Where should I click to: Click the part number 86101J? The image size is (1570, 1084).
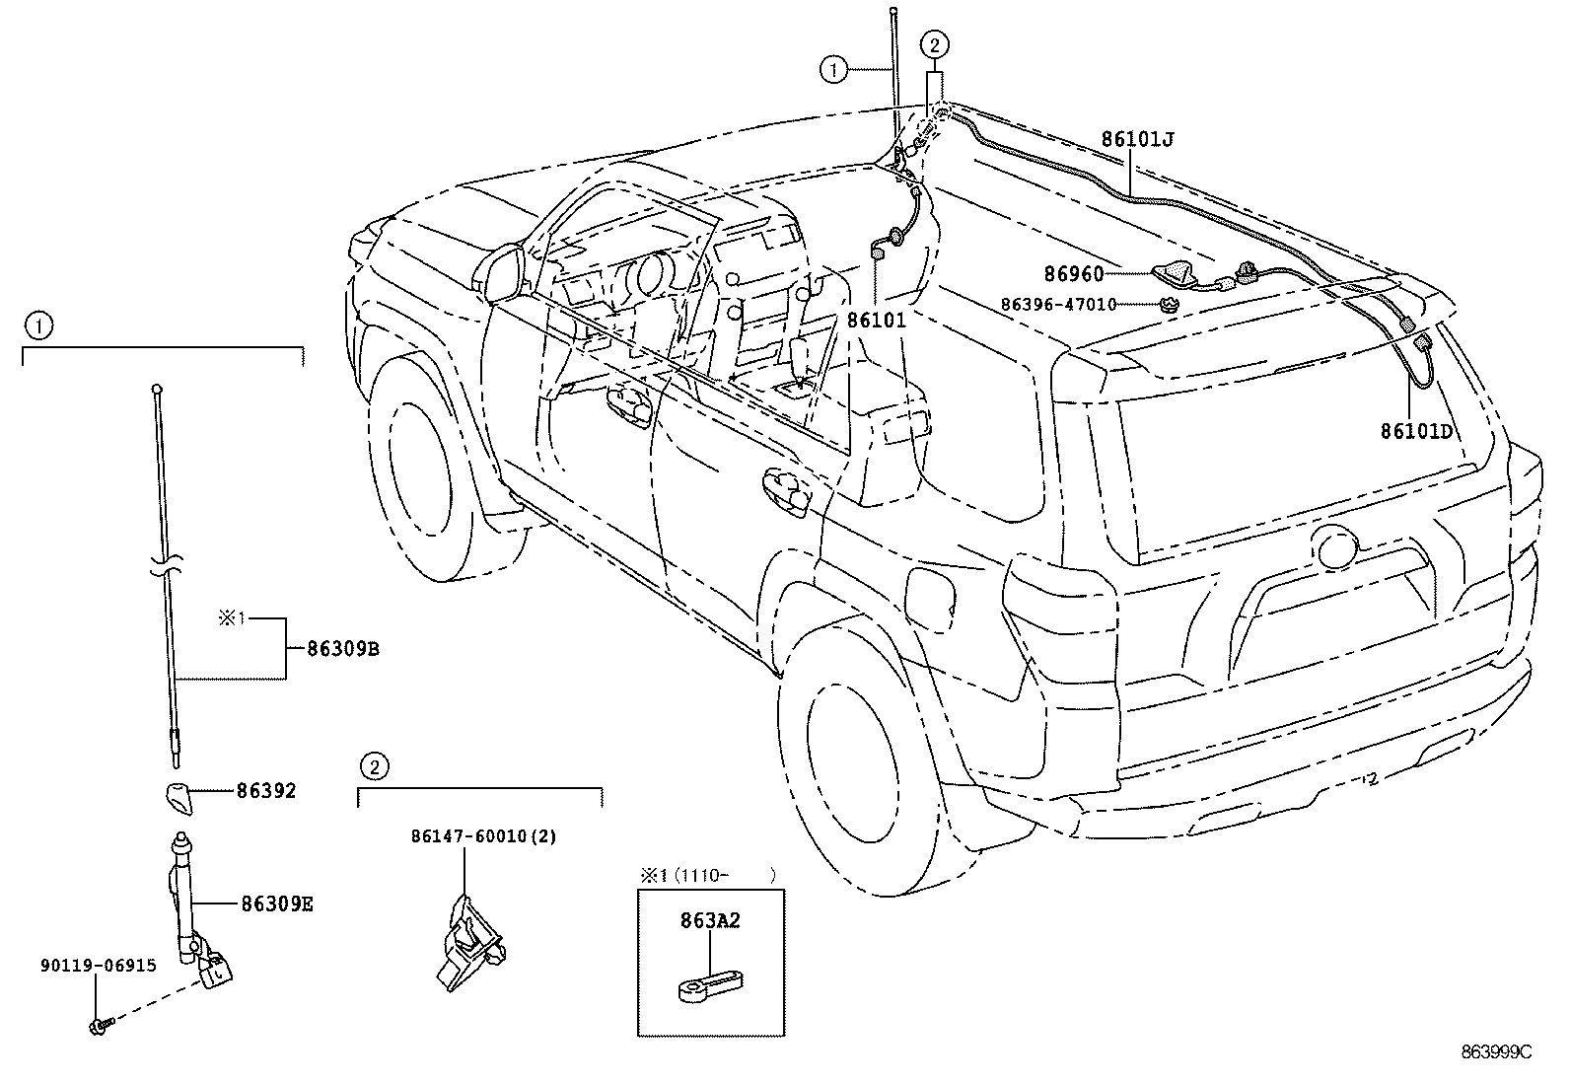(x=1137, y=139)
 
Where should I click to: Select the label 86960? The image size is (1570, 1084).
(x=1074, y=274)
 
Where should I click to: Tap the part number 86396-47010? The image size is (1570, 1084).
(x=1058, y=305)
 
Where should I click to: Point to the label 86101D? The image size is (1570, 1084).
(x=1416, y=431)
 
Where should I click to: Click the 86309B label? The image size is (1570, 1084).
(x=343, y=649)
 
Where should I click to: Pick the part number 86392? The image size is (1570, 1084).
(x=266, y=791)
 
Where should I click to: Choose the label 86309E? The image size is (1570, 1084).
(x=277, y=904)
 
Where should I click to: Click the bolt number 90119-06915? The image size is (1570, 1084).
(x=99, y=966)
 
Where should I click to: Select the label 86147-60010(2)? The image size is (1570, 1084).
(x=483, y=836)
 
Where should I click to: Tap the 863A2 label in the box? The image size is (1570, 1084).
(x=710, y=920)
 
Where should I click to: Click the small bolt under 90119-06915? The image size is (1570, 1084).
(x=101, y=1027)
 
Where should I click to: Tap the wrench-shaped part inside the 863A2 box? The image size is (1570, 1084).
(x=710, y=984)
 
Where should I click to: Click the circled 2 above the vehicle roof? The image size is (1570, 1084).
(x=934, y=45)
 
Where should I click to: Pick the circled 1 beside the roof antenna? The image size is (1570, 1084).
(x=833, y=69)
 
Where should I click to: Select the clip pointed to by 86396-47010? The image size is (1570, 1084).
(x=1168, y=305)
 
